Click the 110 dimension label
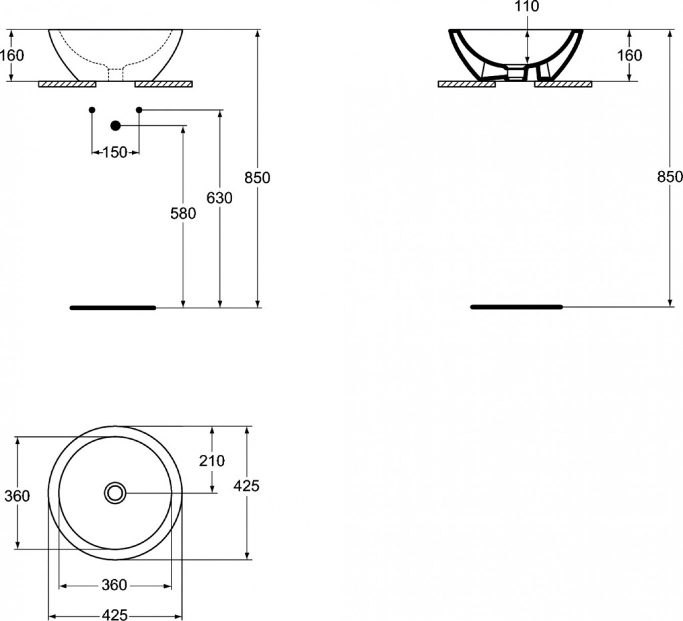(526, 6)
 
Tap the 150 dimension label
(115, 153)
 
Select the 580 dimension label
(183, 214)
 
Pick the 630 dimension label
(219, 198)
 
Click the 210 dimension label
(212, 461)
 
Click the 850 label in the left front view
(257, 178)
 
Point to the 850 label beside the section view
(670, 177)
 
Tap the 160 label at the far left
(12, 55)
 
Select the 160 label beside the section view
(630, 55)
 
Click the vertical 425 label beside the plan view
(246, 486)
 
